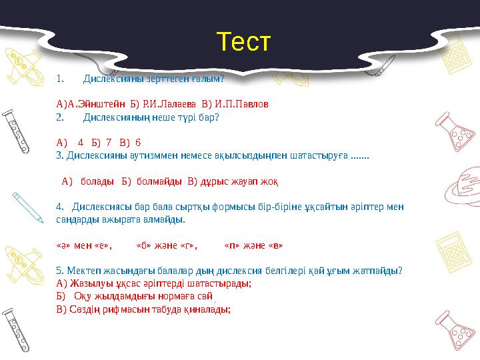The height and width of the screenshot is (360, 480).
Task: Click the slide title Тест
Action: click(243, 42)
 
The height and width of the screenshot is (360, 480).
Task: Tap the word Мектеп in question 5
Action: click(82, 270)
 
